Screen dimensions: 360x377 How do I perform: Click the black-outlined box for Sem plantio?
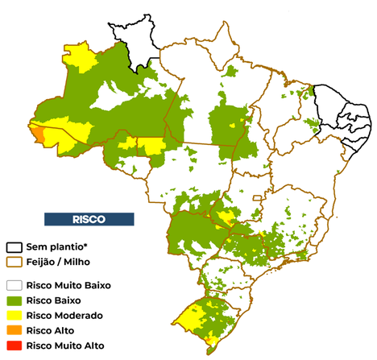tap(14, 247)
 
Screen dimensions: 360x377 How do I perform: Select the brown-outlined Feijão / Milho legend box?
tap(14, 262)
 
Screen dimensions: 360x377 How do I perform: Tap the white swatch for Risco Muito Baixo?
tap(14, 285)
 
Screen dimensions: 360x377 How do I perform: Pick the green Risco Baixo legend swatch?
tap(14, 300)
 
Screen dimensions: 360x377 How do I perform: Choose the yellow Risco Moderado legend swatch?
tap(14, 316)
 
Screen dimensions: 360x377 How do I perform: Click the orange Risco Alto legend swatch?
tap(14, 331)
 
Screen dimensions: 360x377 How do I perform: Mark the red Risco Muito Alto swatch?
tap(14, 346)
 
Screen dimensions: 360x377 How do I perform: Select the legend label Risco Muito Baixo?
tap(68, 285)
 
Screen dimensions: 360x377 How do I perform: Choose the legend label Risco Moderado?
tap(64, 316)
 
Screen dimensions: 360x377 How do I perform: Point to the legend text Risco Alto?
tap(52, 331)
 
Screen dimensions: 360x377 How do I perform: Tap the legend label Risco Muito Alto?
tap(64, 346)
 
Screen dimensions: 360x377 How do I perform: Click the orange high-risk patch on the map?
tap(38, 130)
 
